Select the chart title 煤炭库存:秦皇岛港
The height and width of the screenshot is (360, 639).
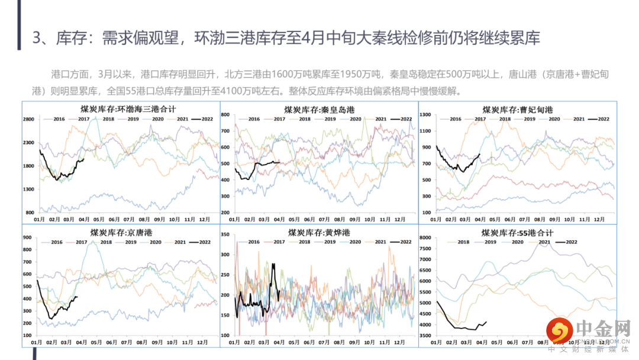click(320, 110)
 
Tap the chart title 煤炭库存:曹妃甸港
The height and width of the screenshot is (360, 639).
click(518, 110)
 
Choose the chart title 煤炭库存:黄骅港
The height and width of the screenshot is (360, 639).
click(320, 233)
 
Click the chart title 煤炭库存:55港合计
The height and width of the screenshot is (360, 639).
click(517, 233)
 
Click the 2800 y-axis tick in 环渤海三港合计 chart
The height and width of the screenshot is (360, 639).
click(29, 120)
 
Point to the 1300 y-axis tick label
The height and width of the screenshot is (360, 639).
click(29, 189)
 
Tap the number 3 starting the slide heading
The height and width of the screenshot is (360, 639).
click(37, 38)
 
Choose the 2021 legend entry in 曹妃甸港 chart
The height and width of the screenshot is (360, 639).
click(578, 119)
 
